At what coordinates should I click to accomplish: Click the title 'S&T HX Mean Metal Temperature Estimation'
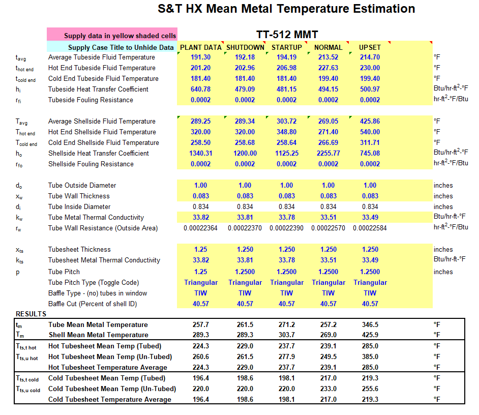(286, 9)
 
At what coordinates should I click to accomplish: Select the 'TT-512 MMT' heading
(287, 35)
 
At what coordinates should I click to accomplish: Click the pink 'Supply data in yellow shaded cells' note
(112, 34)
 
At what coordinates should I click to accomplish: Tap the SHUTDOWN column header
(245, 47)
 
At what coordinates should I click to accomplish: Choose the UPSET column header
(370, 47)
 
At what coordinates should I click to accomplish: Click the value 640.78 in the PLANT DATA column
(200, 89)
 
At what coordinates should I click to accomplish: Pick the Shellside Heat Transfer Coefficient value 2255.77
(328, 154)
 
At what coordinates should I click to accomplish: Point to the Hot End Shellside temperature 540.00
(370, 132)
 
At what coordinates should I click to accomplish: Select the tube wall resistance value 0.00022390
(287, 228)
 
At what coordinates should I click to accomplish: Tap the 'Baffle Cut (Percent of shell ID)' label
(93, 304)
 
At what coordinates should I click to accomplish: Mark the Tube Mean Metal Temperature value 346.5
(370, 324)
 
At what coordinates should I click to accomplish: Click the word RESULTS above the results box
(31, 314)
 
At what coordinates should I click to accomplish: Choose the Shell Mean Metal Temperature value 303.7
(287, 335)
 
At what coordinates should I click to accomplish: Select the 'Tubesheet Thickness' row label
(79, 250)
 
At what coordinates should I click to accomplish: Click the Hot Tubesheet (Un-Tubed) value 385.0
(370, 357)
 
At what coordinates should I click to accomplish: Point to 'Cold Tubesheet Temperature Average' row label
(110, 399)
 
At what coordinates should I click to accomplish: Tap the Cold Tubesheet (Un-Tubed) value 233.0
(328, 389)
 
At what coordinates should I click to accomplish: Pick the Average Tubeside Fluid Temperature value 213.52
(328, 57)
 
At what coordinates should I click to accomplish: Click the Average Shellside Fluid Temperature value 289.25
(200, 122)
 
